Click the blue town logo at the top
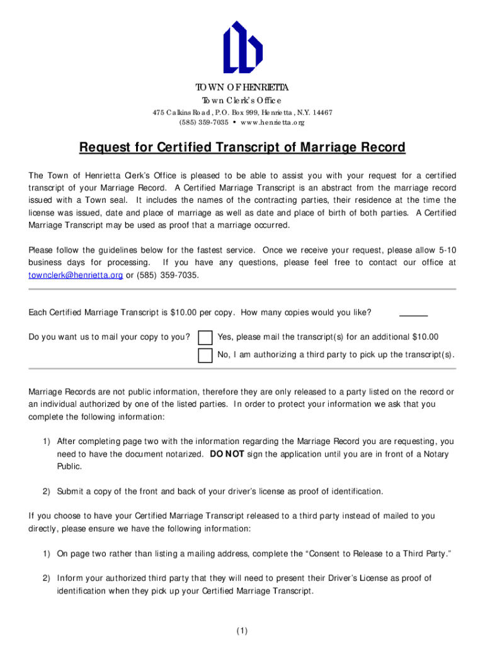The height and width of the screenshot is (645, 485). tap(243, 47)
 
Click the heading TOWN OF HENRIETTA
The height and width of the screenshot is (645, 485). tap(243, 87)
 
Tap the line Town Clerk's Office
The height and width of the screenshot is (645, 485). tap(243, 101)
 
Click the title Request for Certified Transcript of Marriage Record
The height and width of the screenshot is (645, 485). tap(243, 147)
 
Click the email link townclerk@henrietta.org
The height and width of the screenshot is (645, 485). tap(67, 275)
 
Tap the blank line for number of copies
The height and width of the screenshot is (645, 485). tap(413, 313)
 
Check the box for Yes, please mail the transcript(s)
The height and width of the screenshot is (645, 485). tap(205, 338)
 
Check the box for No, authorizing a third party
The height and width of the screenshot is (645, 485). tap(205, 355)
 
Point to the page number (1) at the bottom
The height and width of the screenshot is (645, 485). tap(243, 631)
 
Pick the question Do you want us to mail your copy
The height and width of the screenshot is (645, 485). tap(110, 337)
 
